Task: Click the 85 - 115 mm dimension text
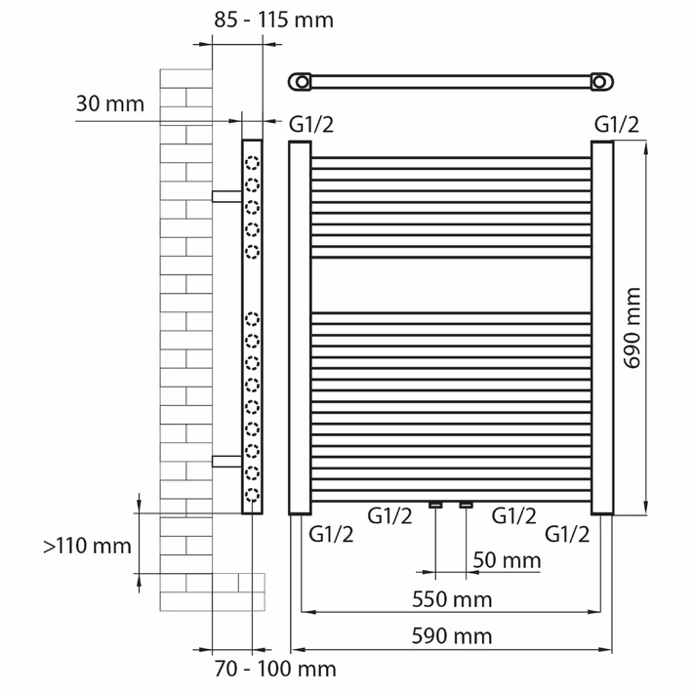point(273,20)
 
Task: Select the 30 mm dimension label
point(110,103)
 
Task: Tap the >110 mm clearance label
point(87,546)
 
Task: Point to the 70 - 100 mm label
point(275,669)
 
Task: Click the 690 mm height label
point(632,328)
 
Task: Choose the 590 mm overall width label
point(452,636)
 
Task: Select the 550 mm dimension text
point(452,599)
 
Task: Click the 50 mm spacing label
point(507,560)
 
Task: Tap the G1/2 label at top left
point(311,125)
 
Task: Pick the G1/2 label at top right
point(617,125)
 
